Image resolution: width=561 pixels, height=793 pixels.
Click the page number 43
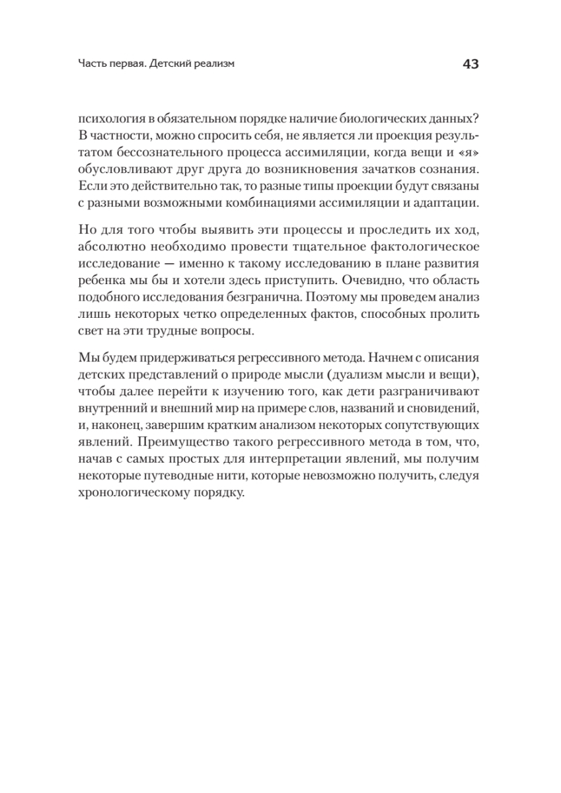[470, 64]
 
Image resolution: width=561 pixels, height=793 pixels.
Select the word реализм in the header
[213, 65]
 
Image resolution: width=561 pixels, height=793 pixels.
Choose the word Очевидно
[357, 278]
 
